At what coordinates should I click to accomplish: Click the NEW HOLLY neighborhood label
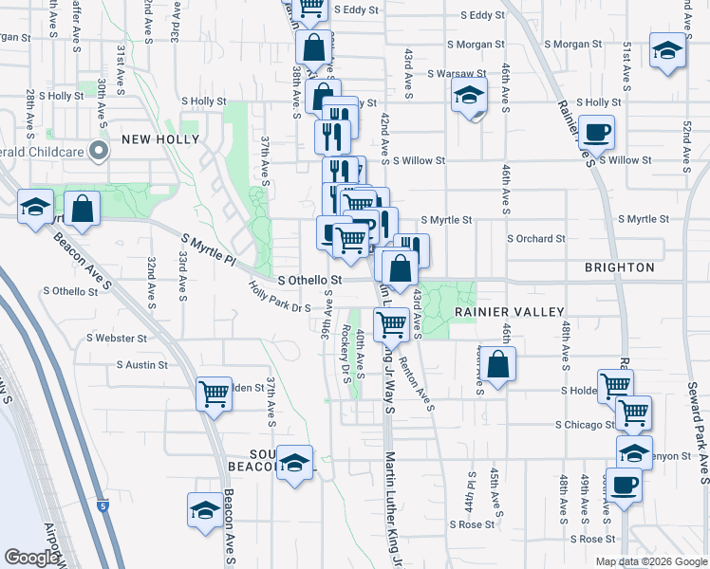[x=160, y=139]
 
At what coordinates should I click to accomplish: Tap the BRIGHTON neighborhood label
[x=620, y=267]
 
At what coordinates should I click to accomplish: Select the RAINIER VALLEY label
[x=509, y=311]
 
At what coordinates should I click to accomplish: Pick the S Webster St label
[x=117, y=338]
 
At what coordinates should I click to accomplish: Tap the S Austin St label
[x=141, y=364]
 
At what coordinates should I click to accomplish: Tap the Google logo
[x=31, y=558]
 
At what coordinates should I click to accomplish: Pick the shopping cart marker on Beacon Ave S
[x=214, y=393]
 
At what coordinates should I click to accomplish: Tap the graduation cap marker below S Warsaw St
[x=469, y=96]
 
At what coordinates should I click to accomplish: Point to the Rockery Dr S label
[x=345, y=349]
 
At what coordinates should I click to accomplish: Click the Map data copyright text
[x=652, y=560]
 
